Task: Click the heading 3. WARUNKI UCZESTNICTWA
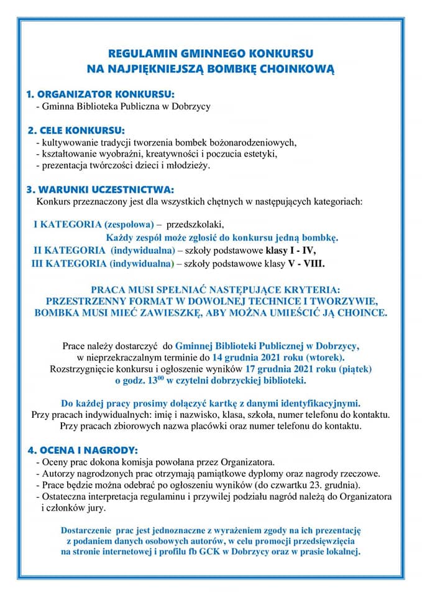tap(100, 189)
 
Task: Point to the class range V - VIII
tap(304, 264)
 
